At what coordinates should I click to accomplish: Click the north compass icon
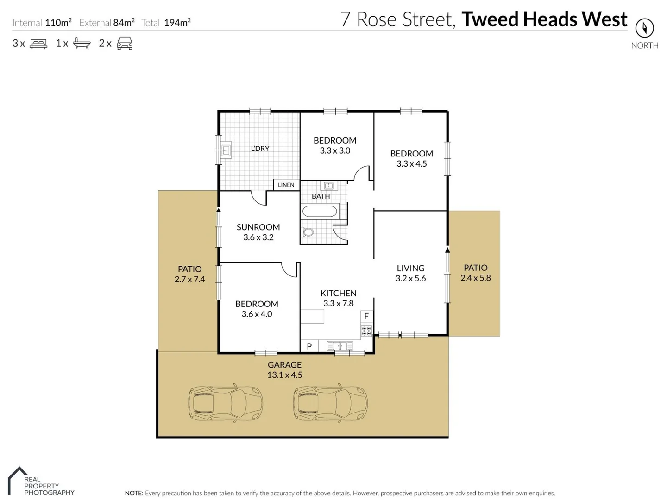644,28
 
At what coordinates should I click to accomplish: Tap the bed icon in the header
38,44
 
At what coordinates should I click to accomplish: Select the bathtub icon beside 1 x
82,44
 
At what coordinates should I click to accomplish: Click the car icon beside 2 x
125,44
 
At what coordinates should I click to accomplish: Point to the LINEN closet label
286,185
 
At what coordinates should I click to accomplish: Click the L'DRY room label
260,149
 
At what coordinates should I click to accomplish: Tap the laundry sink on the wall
226,150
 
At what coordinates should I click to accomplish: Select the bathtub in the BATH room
320,211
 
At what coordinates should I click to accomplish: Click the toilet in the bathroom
308,232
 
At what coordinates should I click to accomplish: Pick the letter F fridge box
366,316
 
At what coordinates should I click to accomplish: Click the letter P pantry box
309,346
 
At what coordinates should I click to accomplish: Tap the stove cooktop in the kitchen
366,331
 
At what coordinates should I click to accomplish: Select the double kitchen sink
340,346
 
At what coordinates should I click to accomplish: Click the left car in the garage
226,402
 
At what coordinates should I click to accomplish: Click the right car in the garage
330,402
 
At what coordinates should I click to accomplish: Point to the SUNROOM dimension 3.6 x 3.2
258,237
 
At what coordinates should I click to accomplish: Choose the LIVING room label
410,268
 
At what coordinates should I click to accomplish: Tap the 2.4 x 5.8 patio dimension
475,278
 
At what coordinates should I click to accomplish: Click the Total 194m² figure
177,23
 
